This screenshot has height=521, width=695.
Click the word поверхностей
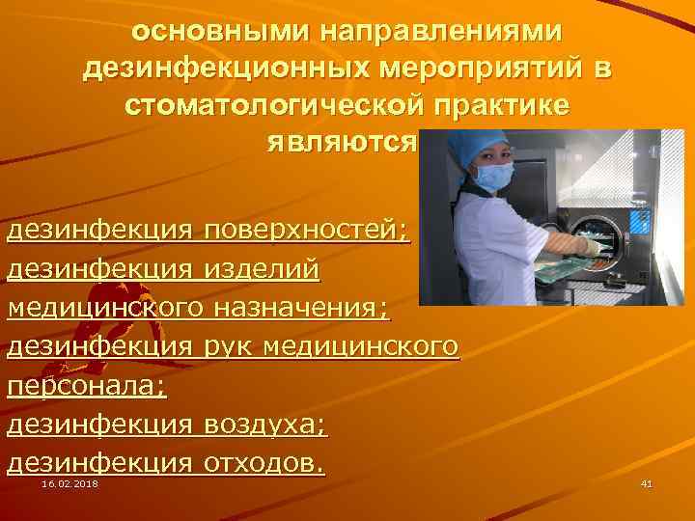(x=307, y=232)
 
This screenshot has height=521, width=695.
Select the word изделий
(x=261, y=270)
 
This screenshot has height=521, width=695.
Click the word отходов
(x=264, y=463)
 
